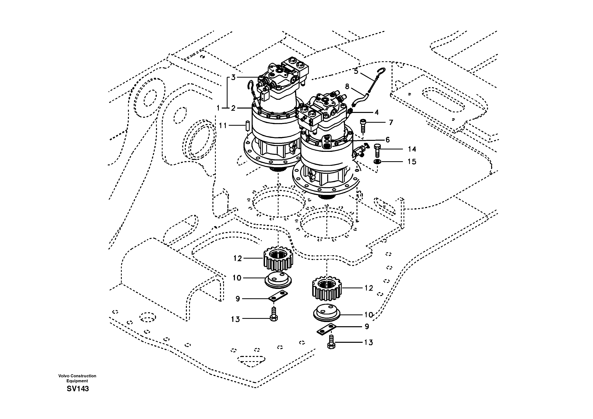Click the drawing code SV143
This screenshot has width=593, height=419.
78,389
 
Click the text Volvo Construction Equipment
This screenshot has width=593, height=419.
77,378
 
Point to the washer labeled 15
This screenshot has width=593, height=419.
377,162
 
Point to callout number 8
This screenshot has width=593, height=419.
347,86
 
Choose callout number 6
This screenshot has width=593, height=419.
388,140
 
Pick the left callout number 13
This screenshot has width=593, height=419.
235,319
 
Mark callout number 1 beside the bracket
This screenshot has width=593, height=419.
218,108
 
